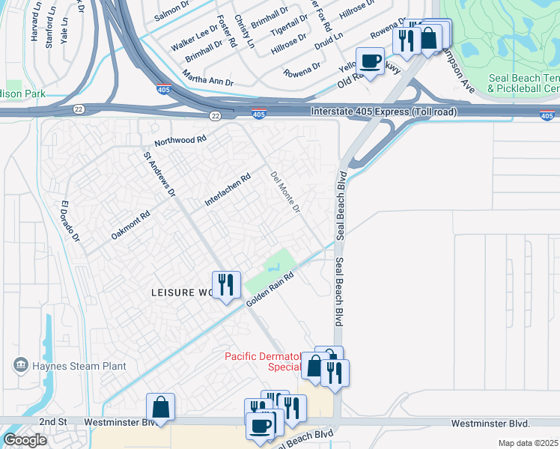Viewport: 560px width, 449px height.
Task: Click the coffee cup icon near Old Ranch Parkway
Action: click(x=369, y=61)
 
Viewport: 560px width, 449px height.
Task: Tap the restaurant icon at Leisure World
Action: click(x=226, y=285)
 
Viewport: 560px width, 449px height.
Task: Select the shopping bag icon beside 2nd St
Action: click(x=160, y=407)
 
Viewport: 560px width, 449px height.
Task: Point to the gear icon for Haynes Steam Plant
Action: click(x=19, y=365)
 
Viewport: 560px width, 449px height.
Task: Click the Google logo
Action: click(x=25, y=439)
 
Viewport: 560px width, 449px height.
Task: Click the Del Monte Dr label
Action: click(x=284, y=191)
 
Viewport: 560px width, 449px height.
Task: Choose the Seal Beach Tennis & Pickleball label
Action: click(x=523, y=83)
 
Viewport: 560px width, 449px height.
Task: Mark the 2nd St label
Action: click(x=53, y=422)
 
